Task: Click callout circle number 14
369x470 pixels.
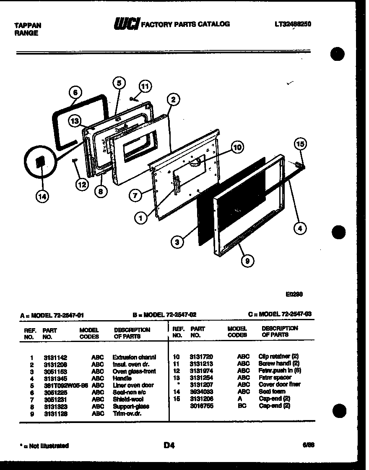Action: [x=42, y=196]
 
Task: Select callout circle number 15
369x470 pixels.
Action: [x=300, y=144]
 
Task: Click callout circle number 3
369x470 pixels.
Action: [x=177, y=242]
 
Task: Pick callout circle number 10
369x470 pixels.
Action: [x=237, y=147]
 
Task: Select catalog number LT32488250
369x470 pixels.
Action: [x=292, y=24]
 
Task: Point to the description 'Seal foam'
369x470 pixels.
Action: [x=273, y=392]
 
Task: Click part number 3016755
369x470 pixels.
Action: [x=199, y=406]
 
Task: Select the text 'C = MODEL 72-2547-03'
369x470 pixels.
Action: [x=280, y=314]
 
